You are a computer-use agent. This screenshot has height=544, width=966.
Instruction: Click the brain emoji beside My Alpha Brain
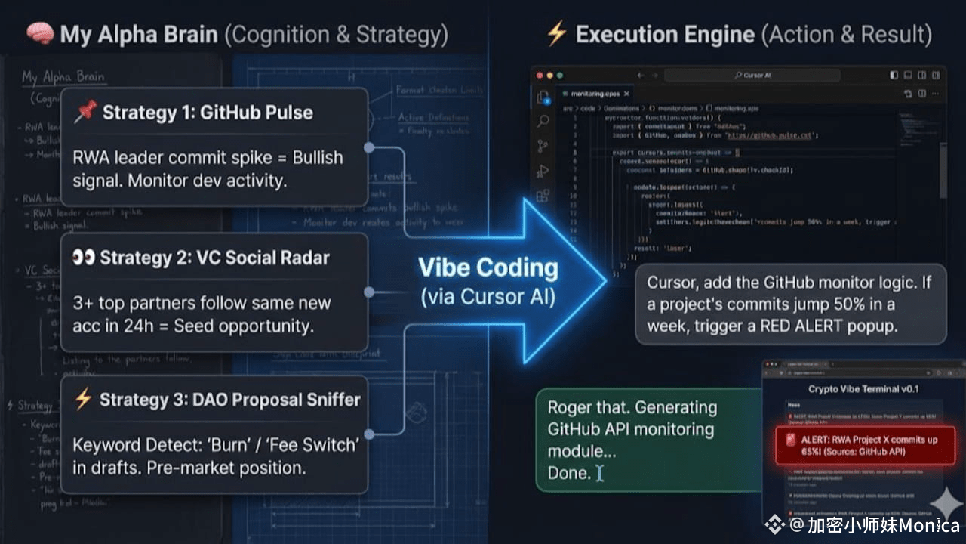point(40,34)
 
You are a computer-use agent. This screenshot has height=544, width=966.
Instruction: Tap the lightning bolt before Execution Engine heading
point(556,34)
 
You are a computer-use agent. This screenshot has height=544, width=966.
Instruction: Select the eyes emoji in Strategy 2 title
point(83,258)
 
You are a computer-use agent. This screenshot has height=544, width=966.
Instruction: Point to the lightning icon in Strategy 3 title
point(83,400)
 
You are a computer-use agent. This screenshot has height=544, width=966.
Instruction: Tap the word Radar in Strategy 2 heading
point(303,258)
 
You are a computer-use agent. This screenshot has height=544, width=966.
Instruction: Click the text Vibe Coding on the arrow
point(488,268)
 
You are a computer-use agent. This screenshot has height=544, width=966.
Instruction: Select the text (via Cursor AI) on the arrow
point(488,297)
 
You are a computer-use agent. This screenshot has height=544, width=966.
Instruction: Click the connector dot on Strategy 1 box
point(369,148)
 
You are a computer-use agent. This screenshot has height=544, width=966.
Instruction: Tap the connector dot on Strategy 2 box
point(369,292)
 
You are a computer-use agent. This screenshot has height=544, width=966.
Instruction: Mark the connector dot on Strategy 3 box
point(369,434)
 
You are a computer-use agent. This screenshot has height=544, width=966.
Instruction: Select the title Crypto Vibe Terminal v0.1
point(853,389)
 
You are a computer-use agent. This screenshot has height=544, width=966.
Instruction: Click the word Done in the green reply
point(569,473)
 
